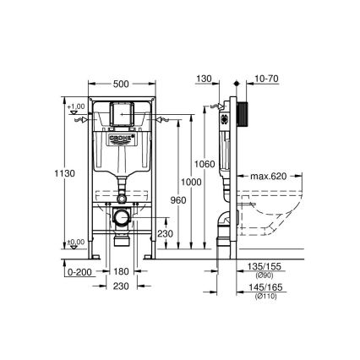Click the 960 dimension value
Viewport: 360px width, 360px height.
click(x=176, y=201)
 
